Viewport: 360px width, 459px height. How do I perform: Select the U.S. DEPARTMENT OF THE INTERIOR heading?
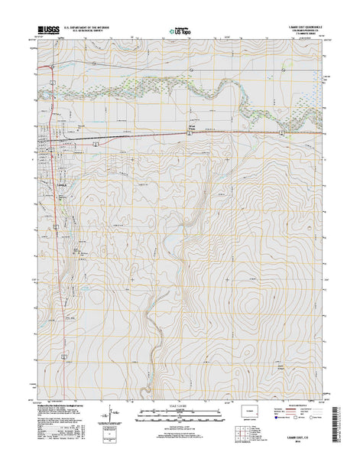[87, 28]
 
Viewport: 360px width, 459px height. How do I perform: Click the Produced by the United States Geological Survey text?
[61, 406]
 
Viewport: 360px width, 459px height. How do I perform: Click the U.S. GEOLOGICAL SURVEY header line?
[87, 32]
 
